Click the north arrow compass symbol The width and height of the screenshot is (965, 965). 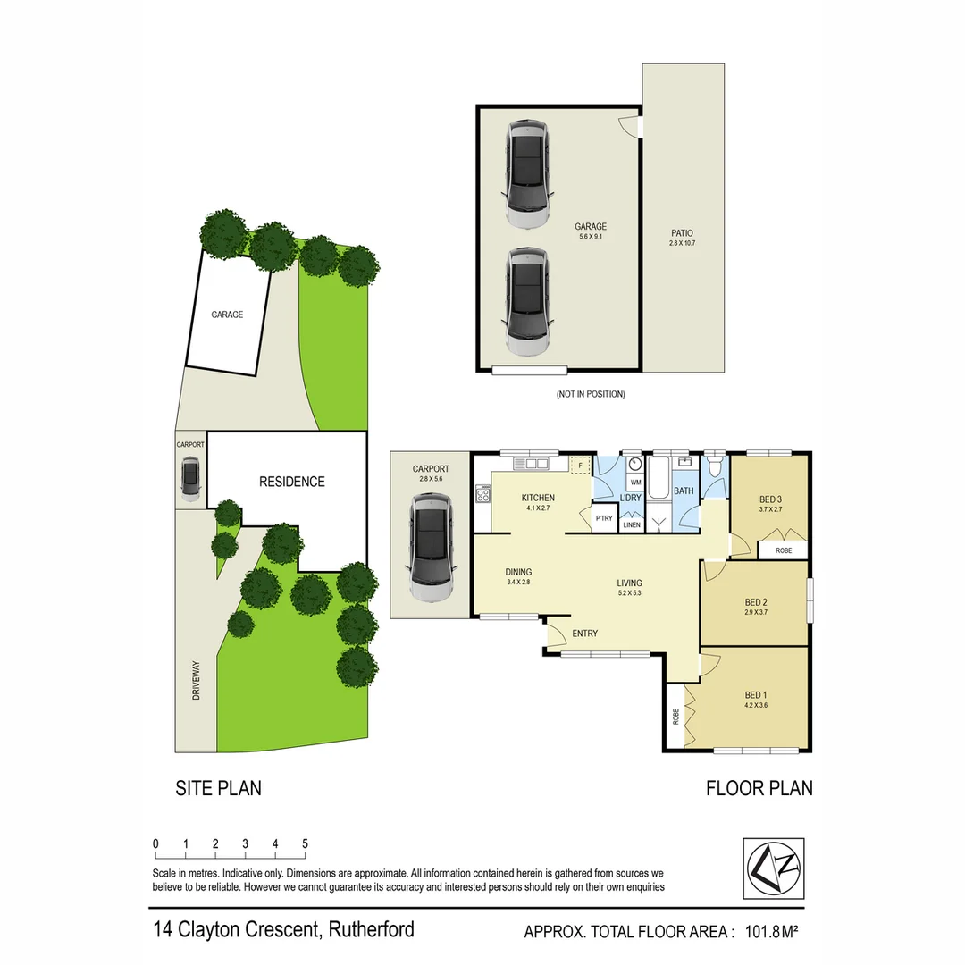(774, 867)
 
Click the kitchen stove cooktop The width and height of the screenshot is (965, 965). (483, 494)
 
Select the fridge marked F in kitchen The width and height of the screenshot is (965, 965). (581, 466)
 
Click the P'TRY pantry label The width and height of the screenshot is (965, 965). (604, 518)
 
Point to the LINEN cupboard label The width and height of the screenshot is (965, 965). (633, 525)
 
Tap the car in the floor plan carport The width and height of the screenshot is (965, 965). (432, 549)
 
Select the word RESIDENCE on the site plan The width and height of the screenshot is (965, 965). (291, 482)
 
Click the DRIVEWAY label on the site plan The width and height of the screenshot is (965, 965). (196, 679)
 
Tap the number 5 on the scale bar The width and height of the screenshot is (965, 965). (305, 843)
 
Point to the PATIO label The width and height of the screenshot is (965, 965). (682, 233)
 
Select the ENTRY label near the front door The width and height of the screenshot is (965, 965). (584, 634)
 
